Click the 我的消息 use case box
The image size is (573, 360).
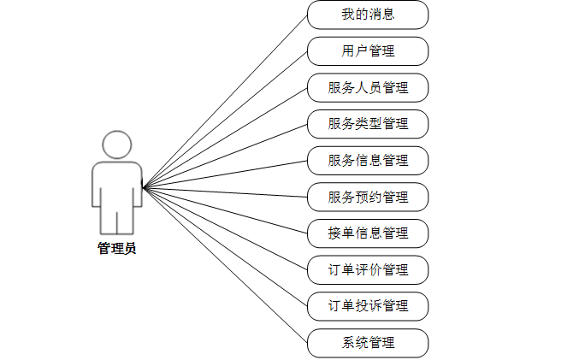click(x=368, y=15)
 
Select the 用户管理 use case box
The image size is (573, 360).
click(x=368, y=51)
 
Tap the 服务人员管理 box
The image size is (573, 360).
click(x=368, y=87)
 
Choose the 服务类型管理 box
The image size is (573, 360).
click(x=368, y=124)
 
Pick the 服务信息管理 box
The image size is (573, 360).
click(x=368, y=160)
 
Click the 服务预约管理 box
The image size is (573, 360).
click(x=368, y=197)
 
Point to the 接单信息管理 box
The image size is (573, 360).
click(x=368, y=233)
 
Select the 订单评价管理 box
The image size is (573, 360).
click(x=368, y=269)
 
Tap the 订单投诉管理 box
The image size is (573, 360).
click(x=368, y=305)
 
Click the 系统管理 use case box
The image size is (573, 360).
click(x=368, y=342)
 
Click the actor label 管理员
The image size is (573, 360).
click(x=116, y=249)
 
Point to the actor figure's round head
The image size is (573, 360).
click(x=117, y=145)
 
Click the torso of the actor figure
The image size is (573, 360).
click(x=117, y=180)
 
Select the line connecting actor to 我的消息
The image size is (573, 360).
click(x=225, y=101)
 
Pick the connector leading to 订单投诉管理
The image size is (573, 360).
click(x=225, y=246)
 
